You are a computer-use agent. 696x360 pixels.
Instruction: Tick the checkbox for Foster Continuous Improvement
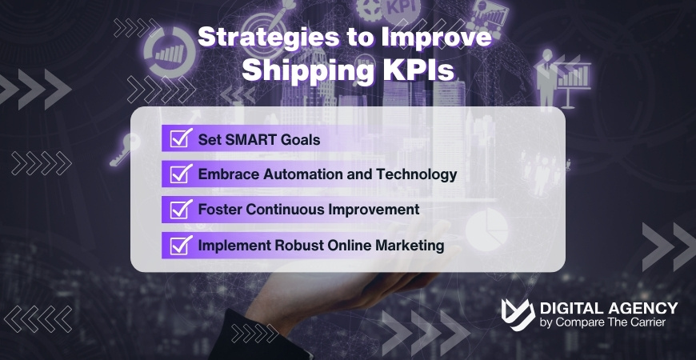pyautogui.click(x=181, y=210)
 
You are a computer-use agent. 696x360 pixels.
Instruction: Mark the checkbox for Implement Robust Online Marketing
pyautogui.click(x=181, y=246)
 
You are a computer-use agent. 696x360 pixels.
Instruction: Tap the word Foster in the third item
pyautogui.click(x=218, y=210)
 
